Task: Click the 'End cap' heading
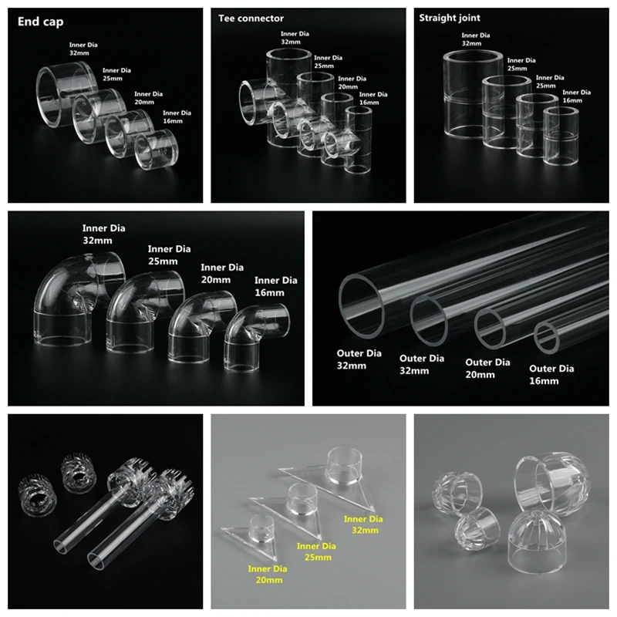[x=39, y=22]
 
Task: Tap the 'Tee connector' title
[x=251, y=19]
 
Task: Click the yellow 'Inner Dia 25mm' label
[x=317, y=551]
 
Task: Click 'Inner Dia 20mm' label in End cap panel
[x=148, y=99]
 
